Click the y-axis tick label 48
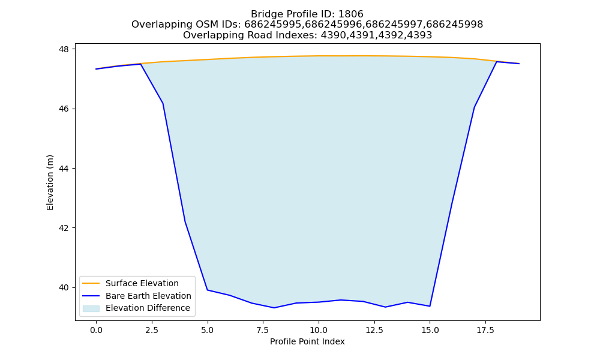[64, 49]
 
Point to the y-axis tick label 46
[64, 109]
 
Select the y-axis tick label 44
[64, 169]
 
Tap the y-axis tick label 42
[64, 228]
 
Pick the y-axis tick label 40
[64, 287]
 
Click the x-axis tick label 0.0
[96, 330]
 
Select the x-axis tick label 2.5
[152, 330]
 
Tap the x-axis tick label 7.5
[263, 330]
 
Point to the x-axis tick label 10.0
[319, 330]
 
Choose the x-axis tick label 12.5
[374, 330]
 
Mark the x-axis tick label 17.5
[485, 330]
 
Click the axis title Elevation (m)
[50, 182]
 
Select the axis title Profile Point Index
[307, 341]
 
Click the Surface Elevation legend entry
[142, 283]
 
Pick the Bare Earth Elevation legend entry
[148, 296]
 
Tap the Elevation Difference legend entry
[148, 308]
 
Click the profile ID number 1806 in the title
[350, 14]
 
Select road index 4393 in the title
[420, 35]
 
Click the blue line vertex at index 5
[208, 290]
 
